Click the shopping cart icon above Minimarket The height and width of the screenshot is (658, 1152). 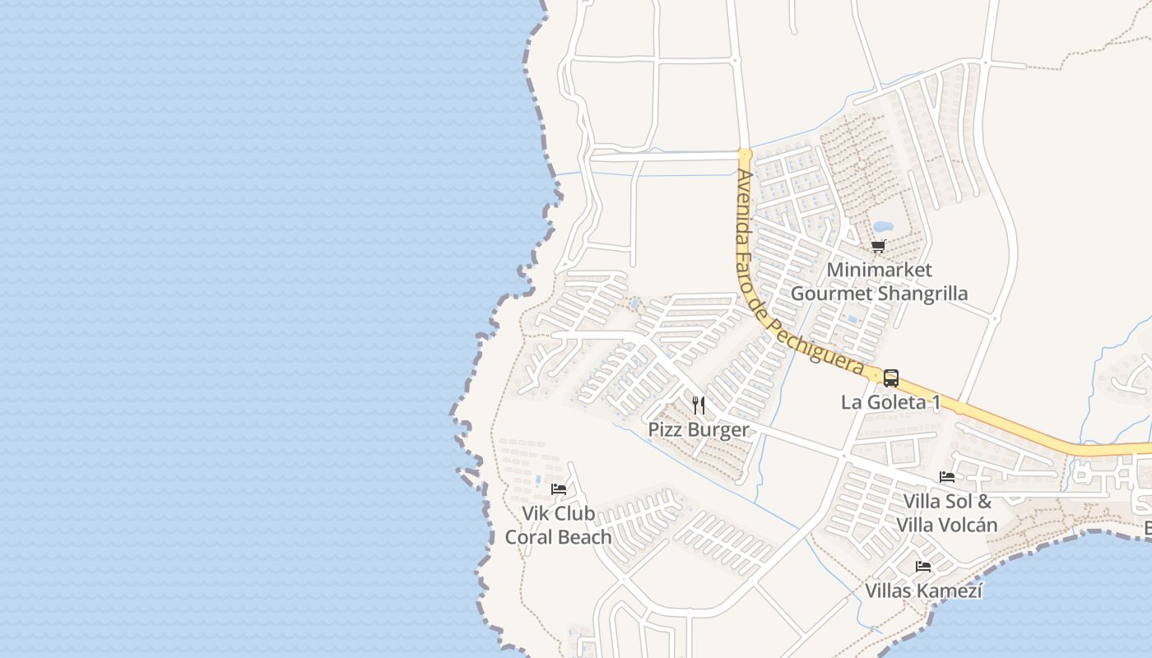coord(879,246)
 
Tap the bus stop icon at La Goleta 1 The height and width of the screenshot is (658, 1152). coord(891,378)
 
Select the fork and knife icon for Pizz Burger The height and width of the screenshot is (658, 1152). coord(699,405)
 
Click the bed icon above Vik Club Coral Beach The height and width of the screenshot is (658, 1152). coord(559,489)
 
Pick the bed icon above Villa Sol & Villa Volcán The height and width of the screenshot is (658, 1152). coord(947,477)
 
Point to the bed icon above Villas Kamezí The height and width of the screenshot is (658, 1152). coord(923,567)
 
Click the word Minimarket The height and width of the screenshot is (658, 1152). coord(879,270)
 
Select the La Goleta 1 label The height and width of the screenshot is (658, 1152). coord(890,402)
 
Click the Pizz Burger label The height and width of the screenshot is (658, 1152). coord(699,429)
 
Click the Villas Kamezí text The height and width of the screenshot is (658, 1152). coord(923,591)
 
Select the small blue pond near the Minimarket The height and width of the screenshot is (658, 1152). coord(882,226)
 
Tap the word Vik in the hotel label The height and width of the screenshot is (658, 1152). coord(536,513)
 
